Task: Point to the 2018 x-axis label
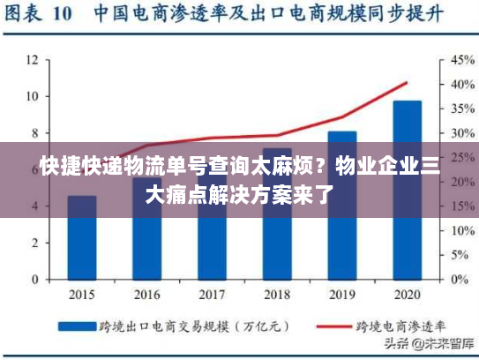click(276, 296)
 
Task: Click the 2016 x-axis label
click(146, 296)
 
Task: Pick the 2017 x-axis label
click(212, 296)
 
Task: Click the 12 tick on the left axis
click(32, 60)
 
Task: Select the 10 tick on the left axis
click(32, 96)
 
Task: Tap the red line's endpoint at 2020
click(407, 83)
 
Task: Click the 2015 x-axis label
click(82, 296)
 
